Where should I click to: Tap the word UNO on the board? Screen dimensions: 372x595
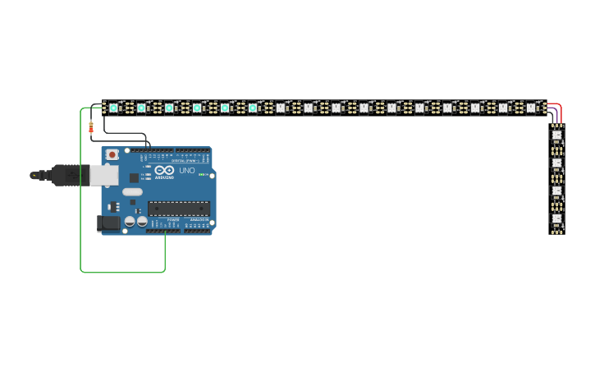click(x=186, y=171)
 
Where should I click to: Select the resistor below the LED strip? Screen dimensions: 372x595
click(x=91, y=126)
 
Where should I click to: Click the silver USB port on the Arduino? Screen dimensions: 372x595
click(x=103, y=174)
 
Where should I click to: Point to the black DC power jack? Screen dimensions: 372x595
click(x=108, y=223)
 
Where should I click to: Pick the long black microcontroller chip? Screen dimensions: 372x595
click(x=178, y=209)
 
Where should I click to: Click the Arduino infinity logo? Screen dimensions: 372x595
click(x=164, y=171)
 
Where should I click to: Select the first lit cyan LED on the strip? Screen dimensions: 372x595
click(x=114, y=108)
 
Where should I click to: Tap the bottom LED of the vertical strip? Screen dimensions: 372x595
click(x=556, y=218)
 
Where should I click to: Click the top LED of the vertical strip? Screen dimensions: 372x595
click(x=556, y=135)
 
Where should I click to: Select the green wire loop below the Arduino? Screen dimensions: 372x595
click(x=123, y=271)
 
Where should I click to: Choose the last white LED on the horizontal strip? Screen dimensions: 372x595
click(x=531, y=108)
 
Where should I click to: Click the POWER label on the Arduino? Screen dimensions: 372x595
click(x=173, y=220)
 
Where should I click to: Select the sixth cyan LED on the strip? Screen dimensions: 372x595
click(x=252, y=108)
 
